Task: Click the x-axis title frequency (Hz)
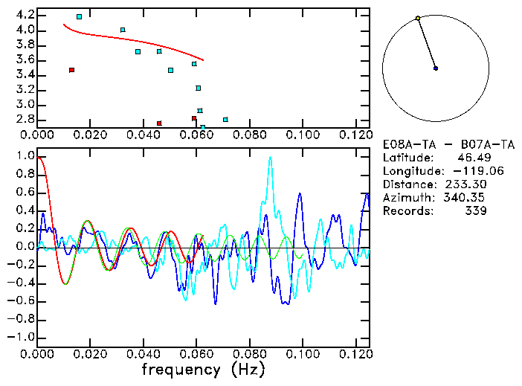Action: tap(203, 370)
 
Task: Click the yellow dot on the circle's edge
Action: tap(418, 18)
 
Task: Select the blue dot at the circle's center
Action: tap(436, 68)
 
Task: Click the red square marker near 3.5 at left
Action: tap(71, 70)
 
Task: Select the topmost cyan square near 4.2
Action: tap(79, 16)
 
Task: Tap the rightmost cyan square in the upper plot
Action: tap(225, 119)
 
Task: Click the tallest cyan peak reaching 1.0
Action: tap(270, 157)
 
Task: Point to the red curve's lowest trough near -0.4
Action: tap(65, 283)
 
